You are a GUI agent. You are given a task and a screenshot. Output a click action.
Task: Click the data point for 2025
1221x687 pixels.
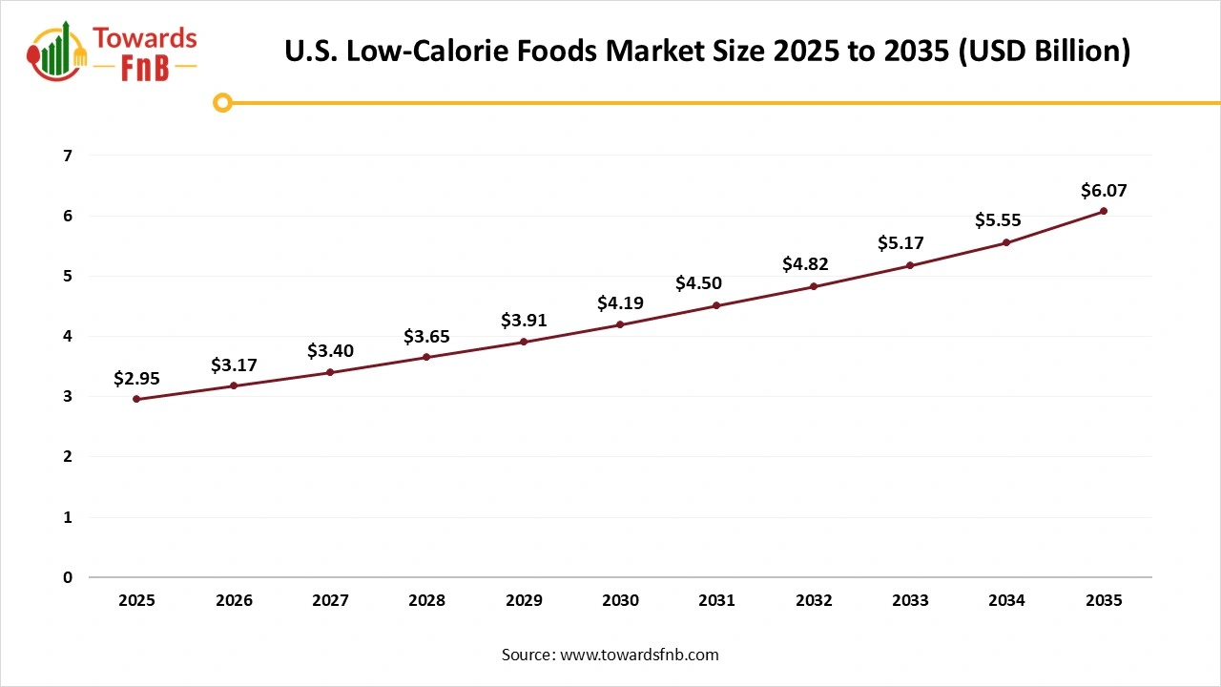[x=136, y=399]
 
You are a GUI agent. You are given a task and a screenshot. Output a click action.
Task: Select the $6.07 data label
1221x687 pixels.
[x=1104, y=191]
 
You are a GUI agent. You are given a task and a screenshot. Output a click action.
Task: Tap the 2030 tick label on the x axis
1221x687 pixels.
[x=620, y=600]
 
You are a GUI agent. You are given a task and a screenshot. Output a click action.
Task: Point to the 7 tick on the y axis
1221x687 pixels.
[x=67, y=156]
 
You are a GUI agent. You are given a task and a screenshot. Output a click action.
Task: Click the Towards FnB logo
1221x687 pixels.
[x=113, y=52]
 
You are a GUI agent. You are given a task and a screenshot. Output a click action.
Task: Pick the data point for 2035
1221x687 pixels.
[x=1104, y=211]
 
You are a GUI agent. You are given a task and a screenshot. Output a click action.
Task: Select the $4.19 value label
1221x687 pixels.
[x=620, y=303]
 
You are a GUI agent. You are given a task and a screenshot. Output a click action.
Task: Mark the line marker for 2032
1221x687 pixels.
[x=814, y=286]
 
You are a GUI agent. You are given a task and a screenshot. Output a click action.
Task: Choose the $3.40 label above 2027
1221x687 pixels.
[x=330, y=351]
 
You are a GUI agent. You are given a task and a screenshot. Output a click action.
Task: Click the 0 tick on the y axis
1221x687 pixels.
[x=67, y=577]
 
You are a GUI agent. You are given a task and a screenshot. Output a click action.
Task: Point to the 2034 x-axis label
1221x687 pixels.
[x=1006, y=600]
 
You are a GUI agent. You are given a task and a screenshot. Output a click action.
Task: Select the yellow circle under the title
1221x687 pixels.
[x=222, y=103]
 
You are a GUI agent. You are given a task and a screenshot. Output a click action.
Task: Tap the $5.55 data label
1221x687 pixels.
[x=998, y=220]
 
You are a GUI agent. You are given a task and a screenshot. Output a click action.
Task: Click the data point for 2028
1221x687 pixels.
[x=426, y=357]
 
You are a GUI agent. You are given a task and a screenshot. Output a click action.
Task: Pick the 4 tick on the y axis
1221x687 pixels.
[x=67, y=336]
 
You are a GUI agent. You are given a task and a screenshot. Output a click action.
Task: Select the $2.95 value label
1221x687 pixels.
[x=136, y=379]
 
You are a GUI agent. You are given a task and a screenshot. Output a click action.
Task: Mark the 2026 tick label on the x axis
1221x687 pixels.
[x=234, y=600]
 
